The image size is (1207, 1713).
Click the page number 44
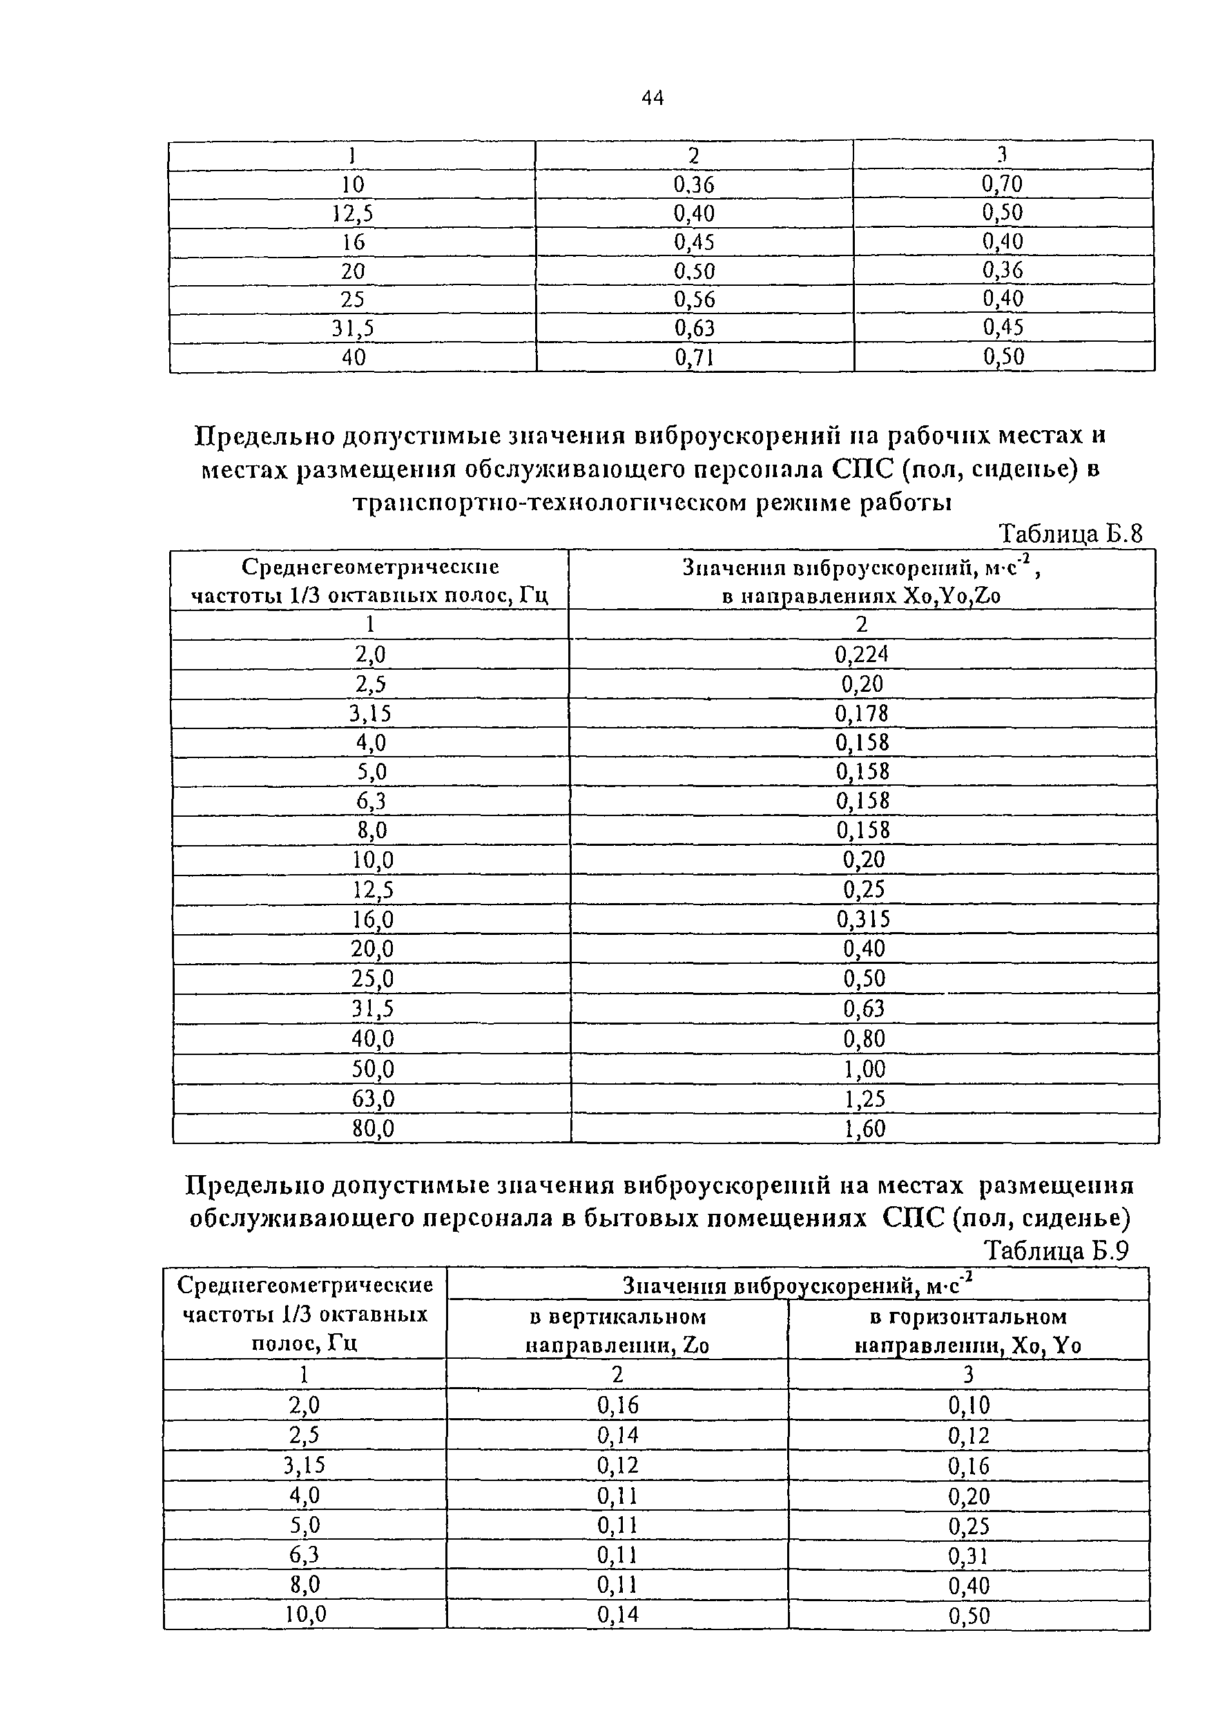click(652, 98)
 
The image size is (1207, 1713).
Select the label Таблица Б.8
click(1070, 534)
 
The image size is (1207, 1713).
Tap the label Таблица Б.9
click(1056, 1250)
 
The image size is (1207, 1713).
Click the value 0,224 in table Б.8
click(862, 655)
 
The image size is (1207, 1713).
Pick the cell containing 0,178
click(862, 713)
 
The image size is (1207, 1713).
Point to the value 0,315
click(863, 918)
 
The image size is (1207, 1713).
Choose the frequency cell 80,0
click(372, 1129)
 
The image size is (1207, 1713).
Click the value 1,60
click(865, 1129)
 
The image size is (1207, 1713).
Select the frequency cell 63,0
click(372, 1099)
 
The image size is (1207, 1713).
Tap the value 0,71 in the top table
click(695, 358)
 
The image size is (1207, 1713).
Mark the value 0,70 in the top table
click(1003, 184)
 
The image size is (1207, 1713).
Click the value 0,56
click(695, 299)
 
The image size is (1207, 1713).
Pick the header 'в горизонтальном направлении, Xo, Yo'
click(967, 1331)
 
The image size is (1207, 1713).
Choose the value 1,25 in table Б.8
click(865, 1099)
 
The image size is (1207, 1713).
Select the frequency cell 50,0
click(372, 1069)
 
